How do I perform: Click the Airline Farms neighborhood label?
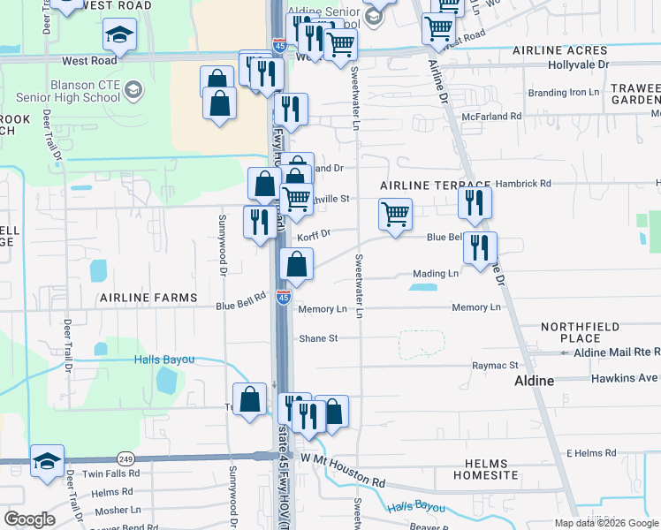tap(148, 298)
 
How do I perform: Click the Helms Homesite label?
tap(485, 469)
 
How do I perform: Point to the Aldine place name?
tap(534, 381)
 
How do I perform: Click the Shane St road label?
tap(318, 338)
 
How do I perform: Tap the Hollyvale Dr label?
tap(578, 65)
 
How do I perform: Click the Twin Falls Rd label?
tap(111, 473)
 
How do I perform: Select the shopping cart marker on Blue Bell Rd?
tap(395, 214)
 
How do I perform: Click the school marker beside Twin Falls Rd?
tap(47, 461)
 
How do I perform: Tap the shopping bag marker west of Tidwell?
tap(250, 398)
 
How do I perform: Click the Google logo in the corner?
tap(29, 519)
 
